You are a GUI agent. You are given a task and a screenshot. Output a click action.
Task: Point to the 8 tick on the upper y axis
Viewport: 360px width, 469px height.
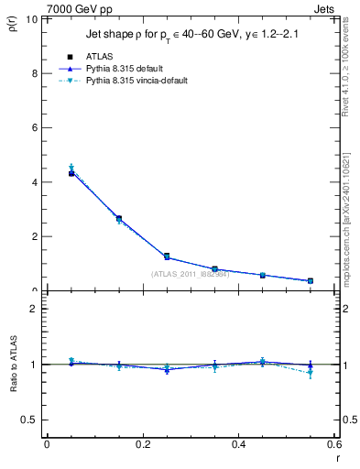point(35,73)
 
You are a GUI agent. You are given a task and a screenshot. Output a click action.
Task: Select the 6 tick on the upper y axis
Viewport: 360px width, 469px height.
point(35,127)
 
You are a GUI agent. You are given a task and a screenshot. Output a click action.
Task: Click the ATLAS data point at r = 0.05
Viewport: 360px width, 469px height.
point(71,173)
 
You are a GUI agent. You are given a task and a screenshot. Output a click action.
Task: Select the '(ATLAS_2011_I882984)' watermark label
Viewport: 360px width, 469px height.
point(191,273)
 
